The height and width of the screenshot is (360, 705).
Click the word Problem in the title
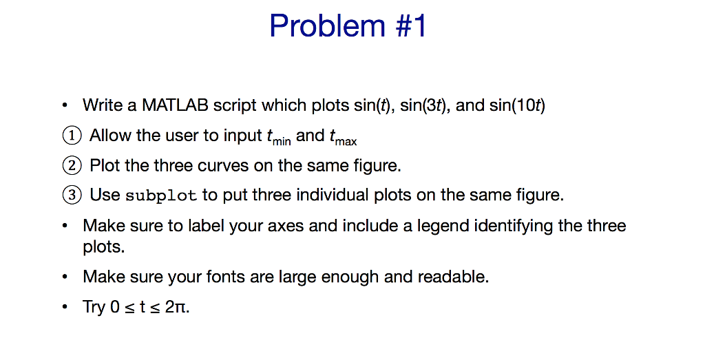tap(327, 25)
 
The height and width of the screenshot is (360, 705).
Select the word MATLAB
tap(175, 105)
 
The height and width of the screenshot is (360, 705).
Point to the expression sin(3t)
tap(423, 105)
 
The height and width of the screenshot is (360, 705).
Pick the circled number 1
tap(72, 136)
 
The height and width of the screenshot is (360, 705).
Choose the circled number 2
tap(72, 165)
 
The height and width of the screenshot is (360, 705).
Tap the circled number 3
tap(72, 195)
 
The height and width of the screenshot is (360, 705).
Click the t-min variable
tap(278, 137)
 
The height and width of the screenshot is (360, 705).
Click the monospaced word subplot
tap(161, 195)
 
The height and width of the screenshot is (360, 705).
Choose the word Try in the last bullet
tap(94, 307)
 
